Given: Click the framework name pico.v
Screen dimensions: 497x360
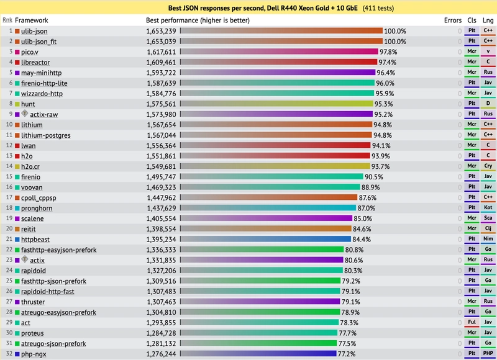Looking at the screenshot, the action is (x=30, y=52).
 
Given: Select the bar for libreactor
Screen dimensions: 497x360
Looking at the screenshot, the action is (x=279, y=62).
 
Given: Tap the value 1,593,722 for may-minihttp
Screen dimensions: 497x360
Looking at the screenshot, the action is (x=161, y=73).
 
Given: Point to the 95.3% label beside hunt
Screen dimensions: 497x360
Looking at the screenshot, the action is (x=383, y=104).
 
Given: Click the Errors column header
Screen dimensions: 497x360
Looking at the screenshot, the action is (x=453, y=20).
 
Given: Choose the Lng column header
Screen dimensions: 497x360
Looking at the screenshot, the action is (x=488, y=20).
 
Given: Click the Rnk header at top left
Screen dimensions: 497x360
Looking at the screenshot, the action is (x=7, y=20).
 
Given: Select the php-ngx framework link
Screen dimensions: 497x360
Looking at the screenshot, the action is (x=34, y=354).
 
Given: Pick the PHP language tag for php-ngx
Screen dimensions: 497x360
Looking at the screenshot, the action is (x=488, y=353).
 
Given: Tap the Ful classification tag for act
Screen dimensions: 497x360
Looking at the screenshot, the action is (x=472, y=322).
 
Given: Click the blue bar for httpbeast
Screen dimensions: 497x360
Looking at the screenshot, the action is (x=266, y=240).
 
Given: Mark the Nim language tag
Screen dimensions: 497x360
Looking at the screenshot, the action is (x=488, y=239).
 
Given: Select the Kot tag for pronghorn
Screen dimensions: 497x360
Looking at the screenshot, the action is (x=488, y=207).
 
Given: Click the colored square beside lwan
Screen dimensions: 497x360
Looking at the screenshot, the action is (x=17, y=146).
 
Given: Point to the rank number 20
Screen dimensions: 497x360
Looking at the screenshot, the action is (x=9, y=228).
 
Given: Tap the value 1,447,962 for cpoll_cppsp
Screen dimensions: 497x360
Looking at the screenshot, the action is (x=161, y=198).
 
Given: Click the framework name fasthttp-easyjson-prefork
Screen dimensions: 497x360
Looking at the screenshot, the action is (x=58, y=250).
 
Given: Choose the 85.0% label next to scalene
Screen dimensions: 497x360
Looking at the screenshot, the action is (x=363, y=218).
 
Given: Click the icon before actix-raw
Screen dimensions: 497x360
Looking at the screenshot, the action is (x=25, y=113).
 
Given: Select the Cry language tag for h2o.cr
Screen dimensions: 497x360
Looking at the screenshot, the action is (x=488, y=166).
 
